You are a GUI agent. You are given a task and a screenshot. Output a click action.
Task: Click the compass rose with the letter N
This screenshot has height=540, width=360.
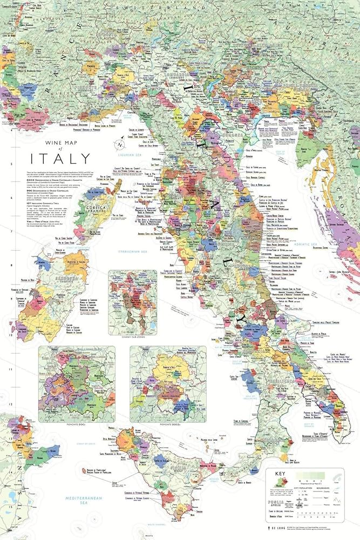coord(120,144)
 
